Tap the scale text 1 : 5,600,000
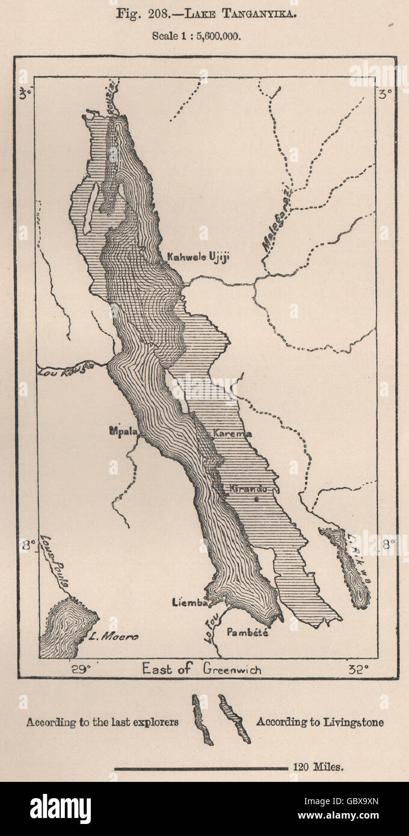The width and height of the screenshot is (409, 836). [197, 36]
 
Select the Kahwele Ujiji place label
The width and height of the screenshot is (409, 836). [198, 257]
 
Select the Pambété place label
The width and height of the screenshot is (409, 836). [247, 632]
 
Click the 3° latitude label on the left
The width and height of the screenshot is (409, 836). [24, 94]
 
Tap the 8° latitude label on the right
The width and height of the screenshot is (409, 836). [388, 545]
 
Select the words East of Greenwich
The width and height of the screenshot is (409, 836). [201, 669]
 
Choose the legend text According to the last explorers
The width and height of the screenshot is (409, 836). [102, 722]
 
